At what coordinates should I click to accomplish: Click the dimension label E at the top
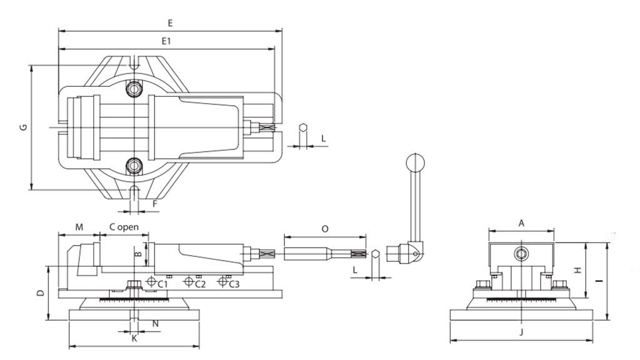pyautogui.click(x=170, y=22)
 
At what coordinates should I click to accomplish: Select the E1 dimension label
pyautogui.click(x=166, y=41)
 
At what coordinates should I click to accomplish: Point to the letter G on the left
pyautogui.click(x=23, y=127)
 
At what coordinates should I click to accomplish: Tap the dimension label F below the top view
pyautogui.click(x=154, y=204)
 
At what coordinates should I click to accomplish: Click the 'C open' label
pyautogui.click(x=124, y=227)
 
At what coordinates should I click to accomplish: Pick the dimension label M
pyautogui.click(x=79, y=227)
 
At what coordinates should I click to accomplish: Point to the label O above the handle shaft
pyautogui.click(x=325, y=229)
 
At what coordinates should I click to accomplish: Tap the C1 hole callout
pyautogui.click(x=162, y=284)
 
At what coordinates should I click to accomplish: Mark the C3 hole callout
pyautogui.click(x=233, y=284)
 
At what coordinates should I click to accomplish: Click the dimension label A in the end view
pyautogui.click(x=521, y=222)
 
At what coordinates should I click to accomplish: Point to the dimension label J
pyautogui.click(x=521, y=332)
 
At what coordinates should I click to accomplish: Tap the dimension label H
pyautogui.click(x=579, y=270)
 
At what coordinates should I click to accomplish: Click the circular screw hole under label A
pyautogui.click(x=521, y=253)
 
